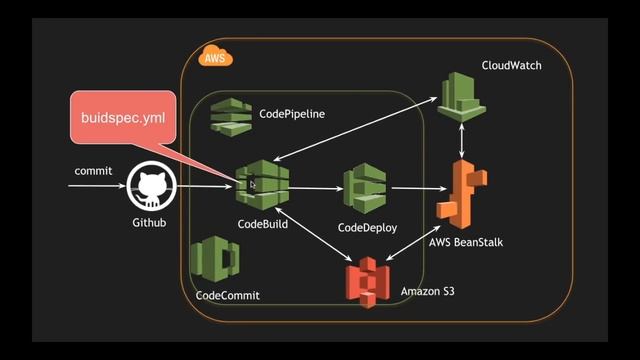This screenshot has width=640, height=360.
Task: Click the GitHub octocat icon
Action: [x=151, y=186]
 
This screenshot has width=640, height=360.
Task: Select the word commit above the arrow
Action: [x=93, y=171]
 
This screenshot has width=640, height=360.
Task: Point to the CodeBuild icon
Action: [x=262, y=185]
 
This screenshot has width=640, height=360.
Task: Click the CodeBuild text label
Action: [x=263, y=225]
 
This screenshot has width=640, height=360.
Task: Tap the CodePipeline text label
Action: [x=292, y=115]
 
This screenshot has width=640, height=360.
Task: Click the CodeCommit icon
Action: [x=215, y=262]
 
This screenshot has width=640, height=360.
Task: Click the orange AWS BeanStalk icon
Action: [x=463, y=196]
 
